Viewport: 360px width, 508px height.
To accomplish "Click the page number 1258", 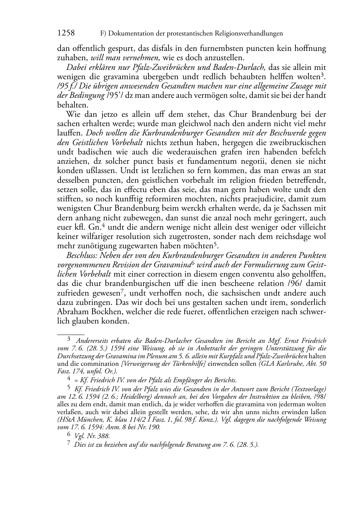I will point(66,33).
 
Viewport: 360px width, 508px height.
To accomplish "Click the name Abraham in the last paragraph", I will point(72,311).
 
